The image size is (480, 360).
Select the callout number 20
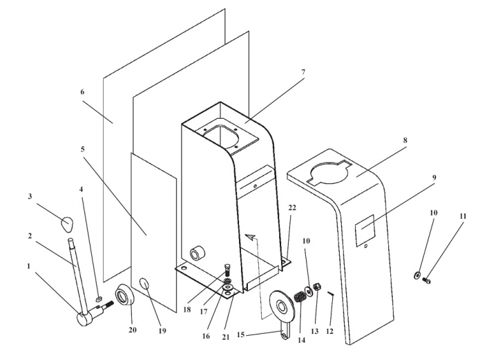pos(133,330)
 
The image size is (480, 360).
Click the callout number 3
pos(30,197)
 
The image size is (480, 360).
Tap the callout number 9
pos(434,177)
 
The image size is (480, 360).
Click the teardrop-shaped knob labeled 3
pos(66,222)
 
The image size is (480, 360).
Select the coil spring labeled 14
pos(300,296)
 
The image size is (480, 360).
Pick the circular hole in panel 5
pos(145,284)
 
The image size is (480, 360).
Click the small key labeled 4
pos(99,299)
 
